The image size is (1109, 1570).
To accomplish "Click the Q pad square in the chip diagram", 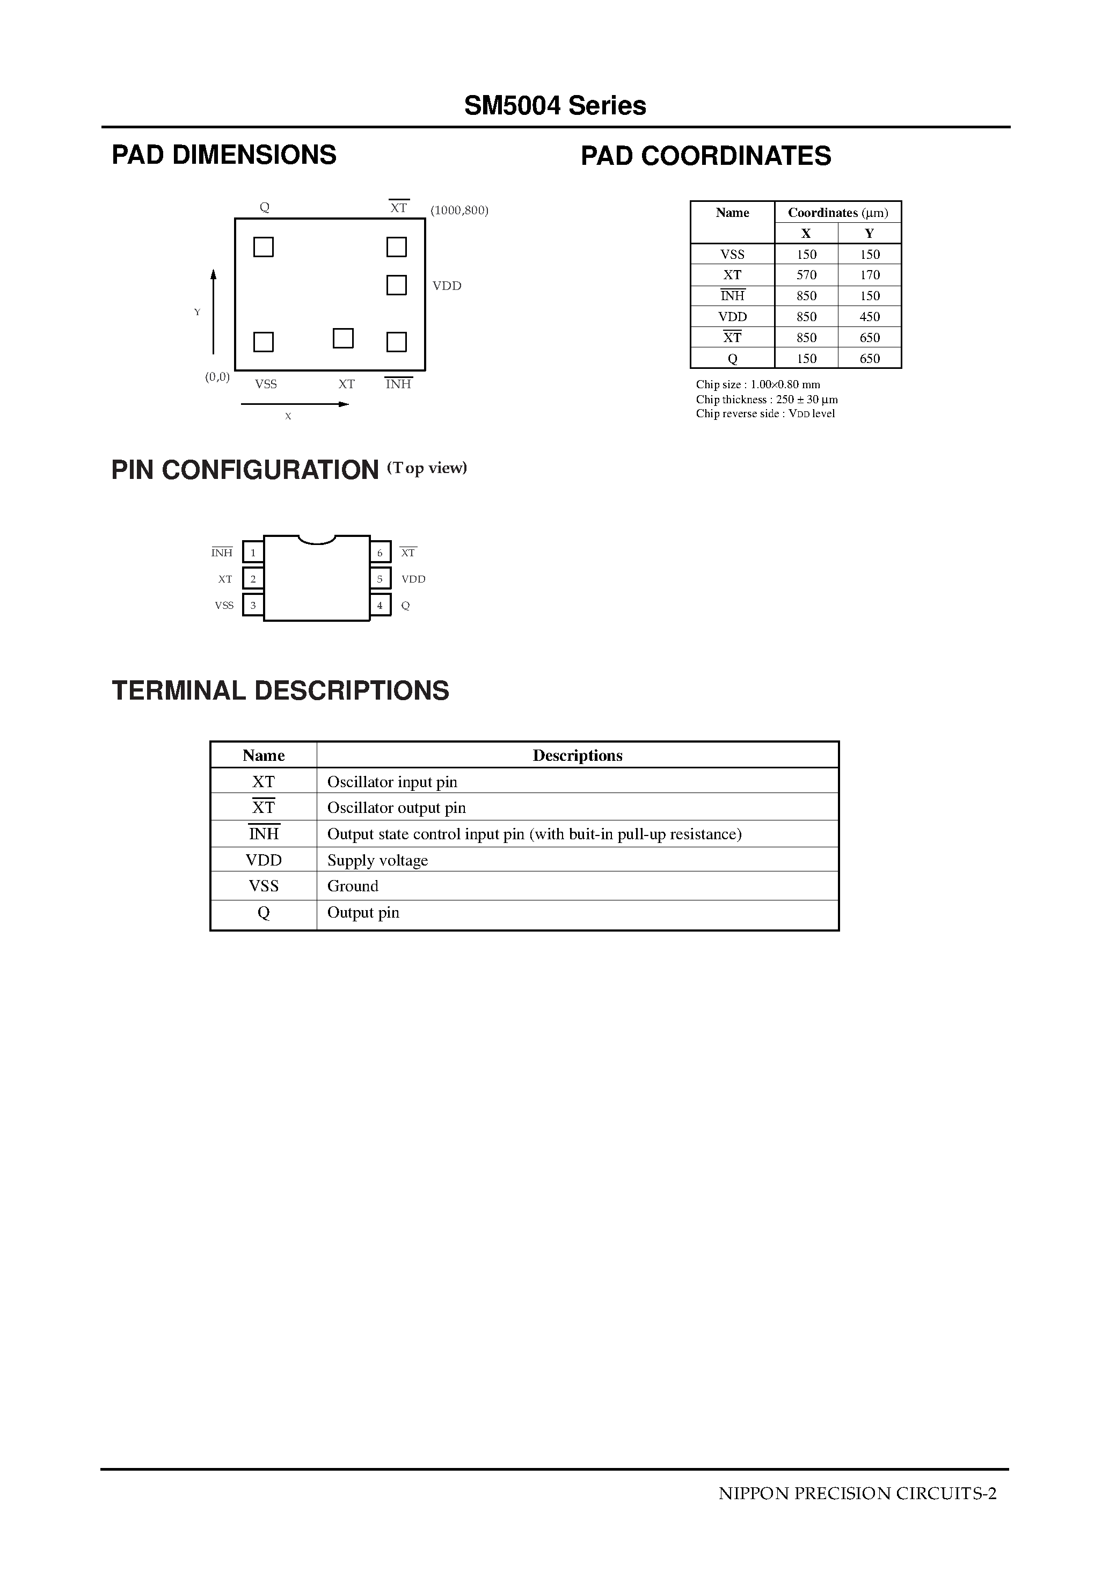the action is click(x=263, y=247).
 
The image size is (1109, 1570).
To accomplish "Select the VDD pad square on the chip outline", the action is click(x=397, y=285).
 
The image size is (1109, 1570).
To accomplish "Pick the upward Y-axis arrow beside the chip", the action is click(x=213, y=311).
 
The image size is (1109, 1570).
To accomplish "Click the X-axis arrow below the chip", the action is click(x=295, y=404).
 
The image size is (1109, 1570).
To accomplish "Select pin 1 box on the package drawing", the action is click(x=253, y=553).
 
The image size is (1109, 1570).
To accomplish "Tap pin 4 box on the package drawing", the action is click(x=380, y=605).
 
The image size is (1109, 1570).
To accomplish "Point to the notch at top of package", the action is click(x=317, y=540).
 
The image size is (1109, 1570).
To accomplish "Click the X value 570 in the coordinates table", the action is click(x=806, y=275).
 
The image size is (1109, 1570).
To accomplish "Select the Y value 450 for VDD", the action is click(x=870, y=317).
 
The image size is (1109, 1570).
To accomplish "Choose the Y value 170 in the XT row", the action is click(x=870, y=275).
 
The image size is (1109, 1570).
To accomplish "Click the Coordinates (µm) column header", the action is click(x=837, y=213).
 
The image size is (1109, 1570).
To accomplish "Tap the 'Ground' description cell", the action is click(x=353, y=886).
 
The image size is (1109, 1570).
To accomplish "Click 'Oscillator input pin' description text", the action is click(x=392, y=782).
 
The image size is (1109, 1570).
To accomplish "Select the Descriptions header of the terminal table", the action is click(x=577, y=755).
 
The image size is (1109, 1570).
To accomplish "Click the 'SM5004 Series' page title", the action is click(x=554, y=106).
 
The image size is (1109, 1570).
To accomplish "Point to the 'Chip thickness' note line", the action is click(x=767, y=399).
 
